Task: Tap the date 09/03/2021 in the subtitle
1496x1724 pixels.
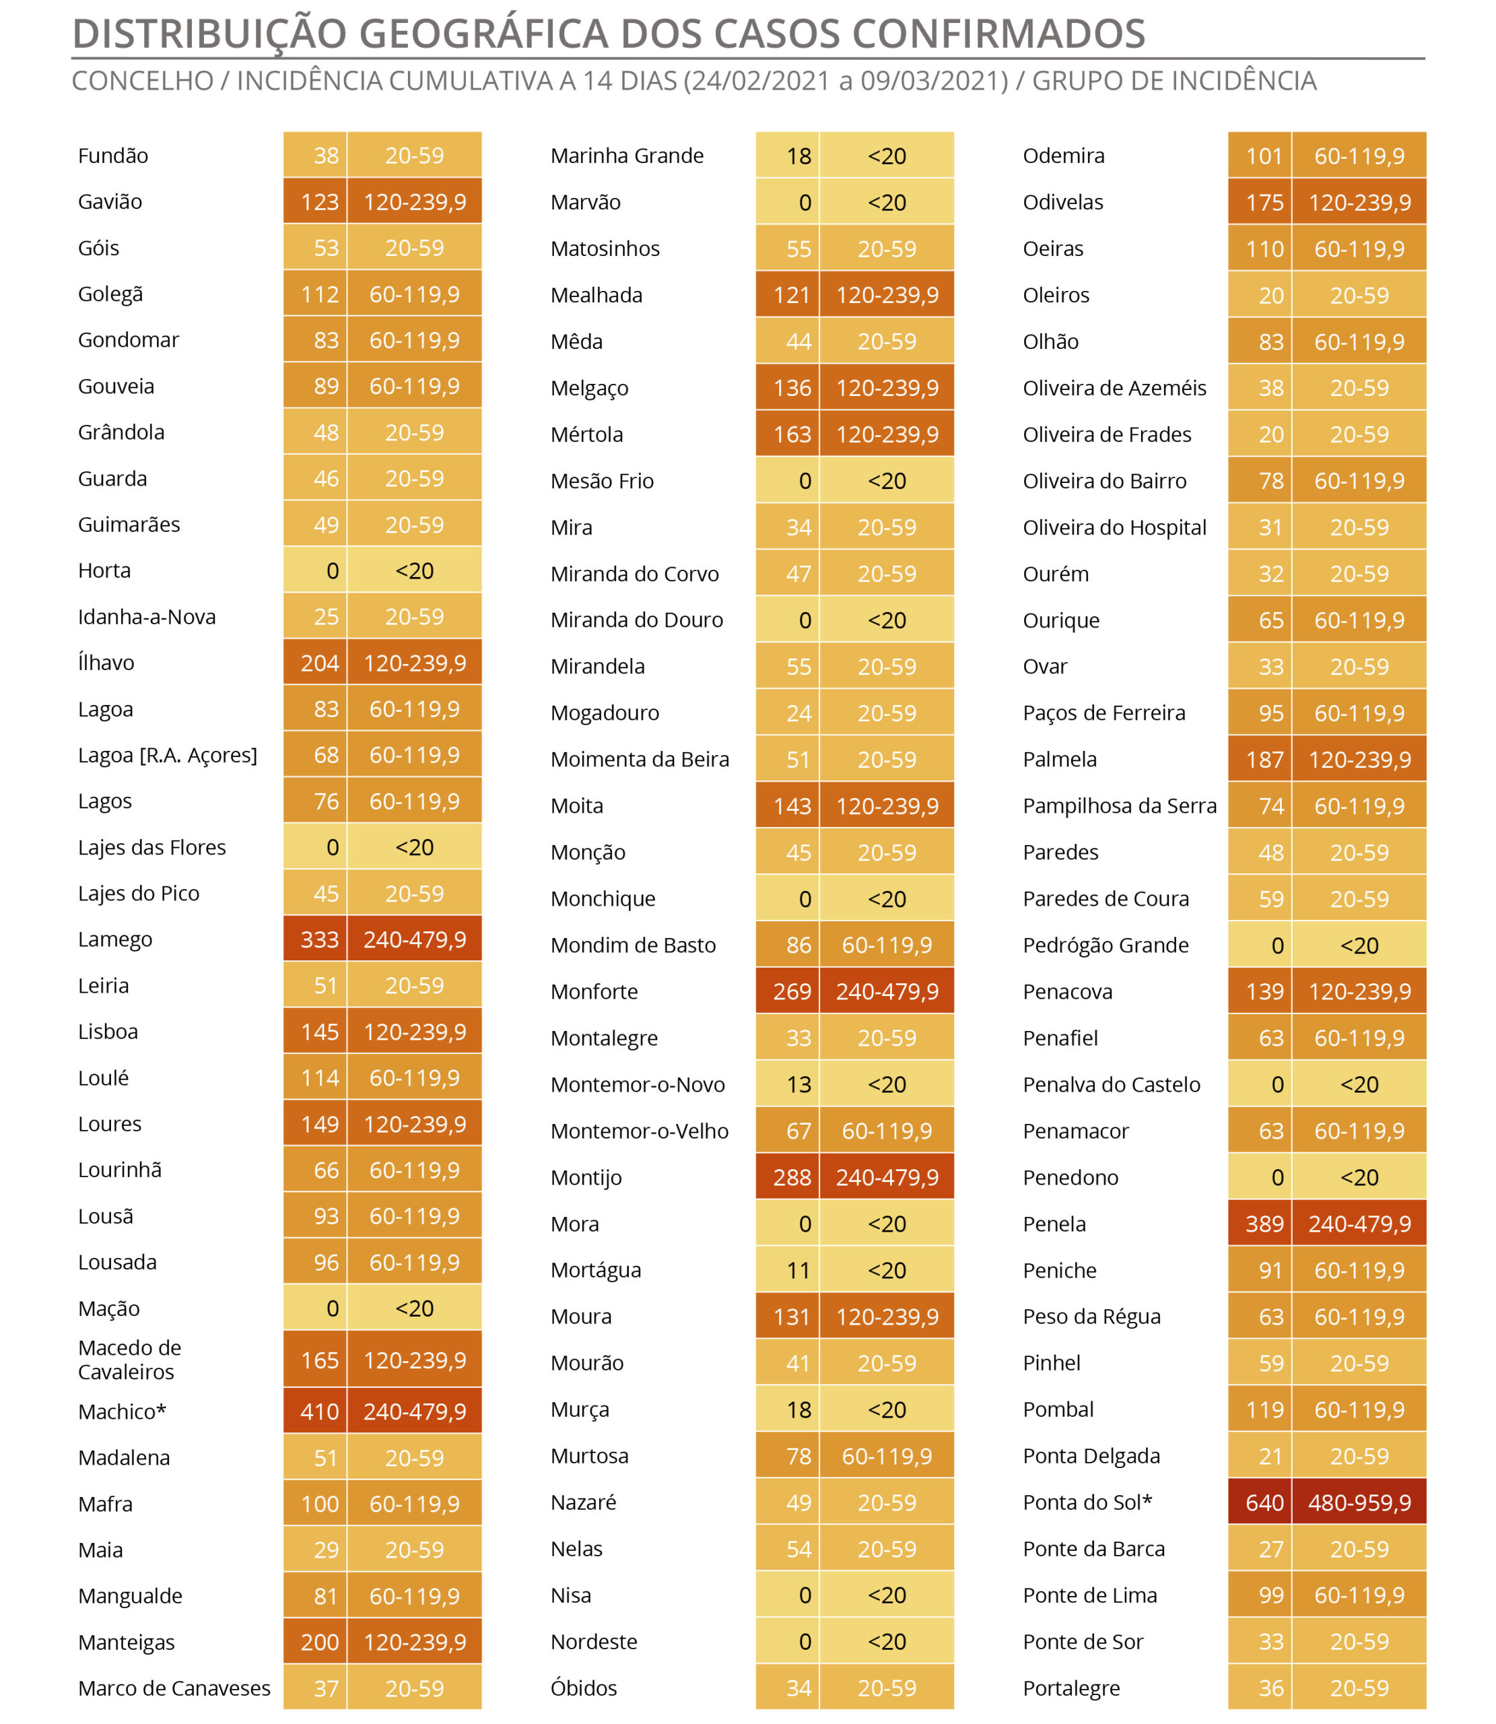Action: tap(934, 81)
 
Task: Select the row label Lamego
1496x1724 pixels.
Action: tap(115, 939)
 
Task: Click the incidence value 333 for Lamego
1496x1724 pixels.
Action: tap(320, 939)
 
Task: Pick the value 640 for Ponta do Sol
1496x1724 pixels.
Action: tap(1265, 1502)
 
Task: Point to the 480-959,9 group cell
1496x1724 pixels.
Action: tap(1359, 1502)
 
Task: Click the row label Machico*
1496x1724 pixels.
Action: tap(122, 1412)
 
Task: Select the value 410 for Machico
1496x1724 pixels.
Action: tap(320, 1412)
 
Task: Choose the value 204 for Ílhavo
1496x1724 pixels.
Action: tap(320, 663)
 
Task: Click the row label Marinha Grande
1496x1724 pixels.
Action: tap(627, 156)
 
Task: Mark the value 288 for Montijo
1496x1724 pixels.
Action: tap(792, 1177)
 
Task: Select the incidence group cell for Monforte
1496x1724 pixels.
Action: tap(887, 992)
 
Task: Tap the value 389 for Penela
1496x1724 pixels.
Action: tap(1265, 1224)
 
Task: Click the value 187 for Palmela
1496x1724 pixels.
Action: tap(1265, 760)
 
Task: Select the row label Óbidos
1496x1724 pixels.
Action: tap(584, 1688)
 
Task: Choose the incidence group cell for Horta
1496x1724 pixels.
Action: tap(414, 570)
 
